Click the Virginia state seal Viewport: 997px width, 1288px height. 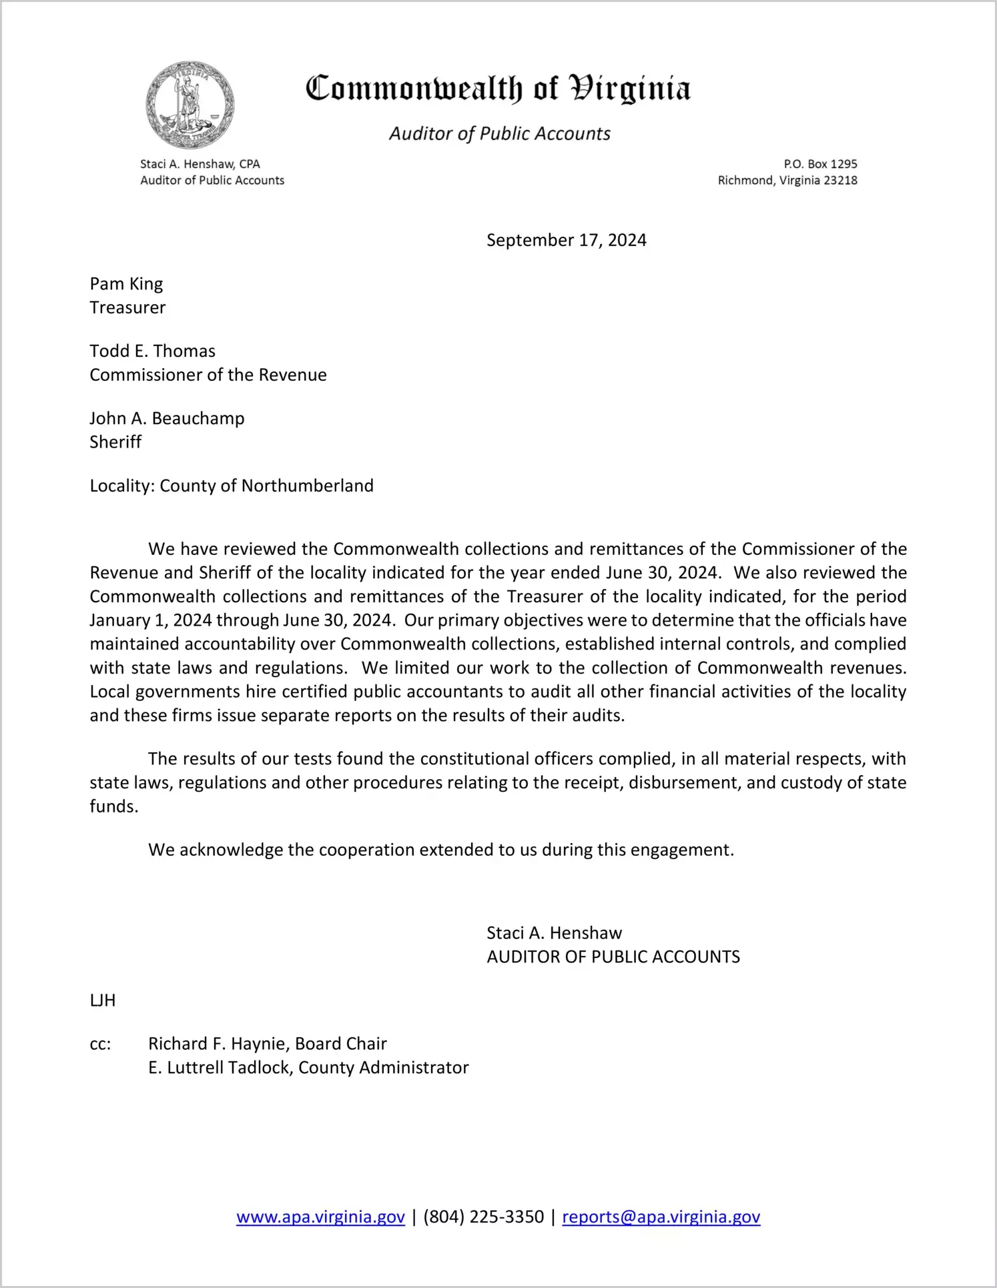point(190,105)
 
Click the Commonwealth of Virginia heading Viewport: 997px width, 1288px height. point(498,89)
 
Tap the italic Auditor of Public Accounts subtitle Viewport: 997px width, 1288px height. point(500,134)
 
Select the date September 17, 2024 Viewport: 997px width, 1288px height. point(566,240)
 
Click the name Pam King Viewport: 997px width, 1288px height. point(126,284)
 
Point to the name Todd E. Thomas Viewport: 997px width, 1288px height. point(153,352)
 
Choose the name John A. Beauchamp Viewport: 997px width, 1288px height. point(167,419)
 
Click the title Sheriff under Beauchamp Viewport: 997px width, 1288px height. point(115,442)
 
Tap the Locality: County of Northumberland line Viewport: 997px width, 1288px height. point(232,486)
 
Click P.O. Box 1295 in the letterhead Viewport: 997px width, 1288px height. point(820,164)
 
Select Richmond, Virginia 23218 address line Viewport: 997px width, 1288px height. point(787,181)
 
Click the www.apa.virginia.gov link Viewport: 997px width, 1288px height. point(320,1217)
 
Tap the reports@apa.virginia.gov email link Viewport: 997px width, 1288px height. point(661,1217)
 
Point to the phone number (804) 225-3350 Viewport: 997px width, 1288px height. point(483,1217)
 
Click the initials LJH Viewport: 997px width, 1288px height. point(103,1001)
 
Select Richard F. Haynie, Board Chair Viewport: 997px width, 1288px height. point(267,1044)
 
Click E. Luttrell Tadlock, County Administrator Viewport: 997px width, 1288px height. point(308,1068)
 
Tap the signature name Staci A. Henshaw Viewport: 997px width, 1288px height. point(554,933)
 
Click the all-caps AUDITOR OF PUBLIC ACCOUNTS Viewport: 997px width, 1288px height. point(613,957)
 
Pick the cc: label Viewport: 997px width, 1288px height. point(100,1045)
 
